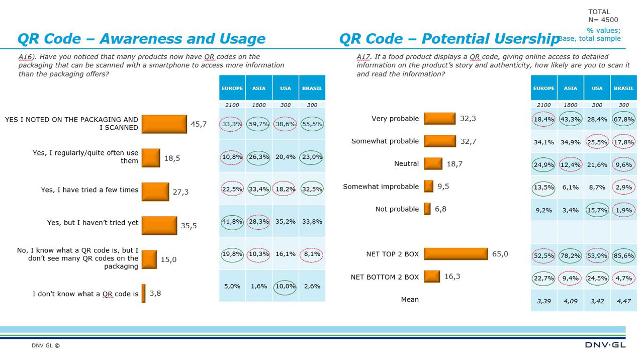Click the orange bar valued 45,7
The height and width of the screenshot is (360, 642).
pyautogui.click(x=164, y=124)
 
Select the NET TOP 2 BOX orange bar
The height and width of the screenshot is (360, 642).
pyautogui.click(x=455, y=254)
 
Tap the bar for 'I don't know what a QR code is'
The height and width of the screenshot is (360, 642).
pyautogui.click(x=143, y=293)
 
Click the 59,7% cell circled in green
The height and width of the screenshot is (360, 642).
pyautogui.click(x=258, y=124)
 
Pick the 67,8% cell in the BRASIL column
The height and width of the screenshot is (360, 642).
pyautogui.click(x=623, y=119)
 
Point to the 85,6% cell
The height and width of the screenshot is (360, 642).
pyautogui.click(x=623, y=255)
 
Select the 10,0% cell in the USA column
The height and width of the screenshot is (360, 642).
pyautogui.click(x=285, y=287)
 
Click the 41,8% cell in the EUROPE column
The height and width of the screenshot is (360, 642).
pyautogui.click(x=232, y=221)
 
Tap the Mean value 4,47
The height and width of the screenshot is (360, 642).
pyautogui.click(x=623, y=301)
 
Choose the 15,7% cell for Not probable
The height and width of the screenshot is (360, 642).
pyautogui.click(x=597, y=210)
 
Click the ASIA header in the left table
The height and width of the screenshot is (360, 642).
pyautogui.click(x=258, y=88)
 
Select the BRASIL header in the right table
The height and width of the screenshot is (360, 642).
pyautogui.click(x=623, y=88)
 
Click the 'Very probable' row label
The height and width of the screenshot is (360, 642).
pyautogui.click(x=395, y=119)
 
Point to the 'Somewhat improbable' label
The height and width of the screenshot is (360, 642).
pyautogui.click(x=381, y=187)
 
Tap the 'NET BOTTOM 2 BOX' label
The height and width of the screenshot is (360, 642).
pyautogui.click(x=384, y=277)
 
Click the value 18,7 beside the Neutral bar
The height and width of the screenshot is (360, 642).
pyautogui.click(x=454, y=164)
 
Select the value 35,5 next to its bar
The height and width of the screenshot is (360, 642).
pyautogui.click(x=189, y=226)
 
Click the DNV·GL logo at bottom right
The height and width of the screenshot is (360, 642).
pyautogui.click(x=605, y=345)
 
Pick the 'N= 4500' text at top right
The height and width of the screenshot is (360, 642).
pyautogui.click(x=603, y=20)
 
